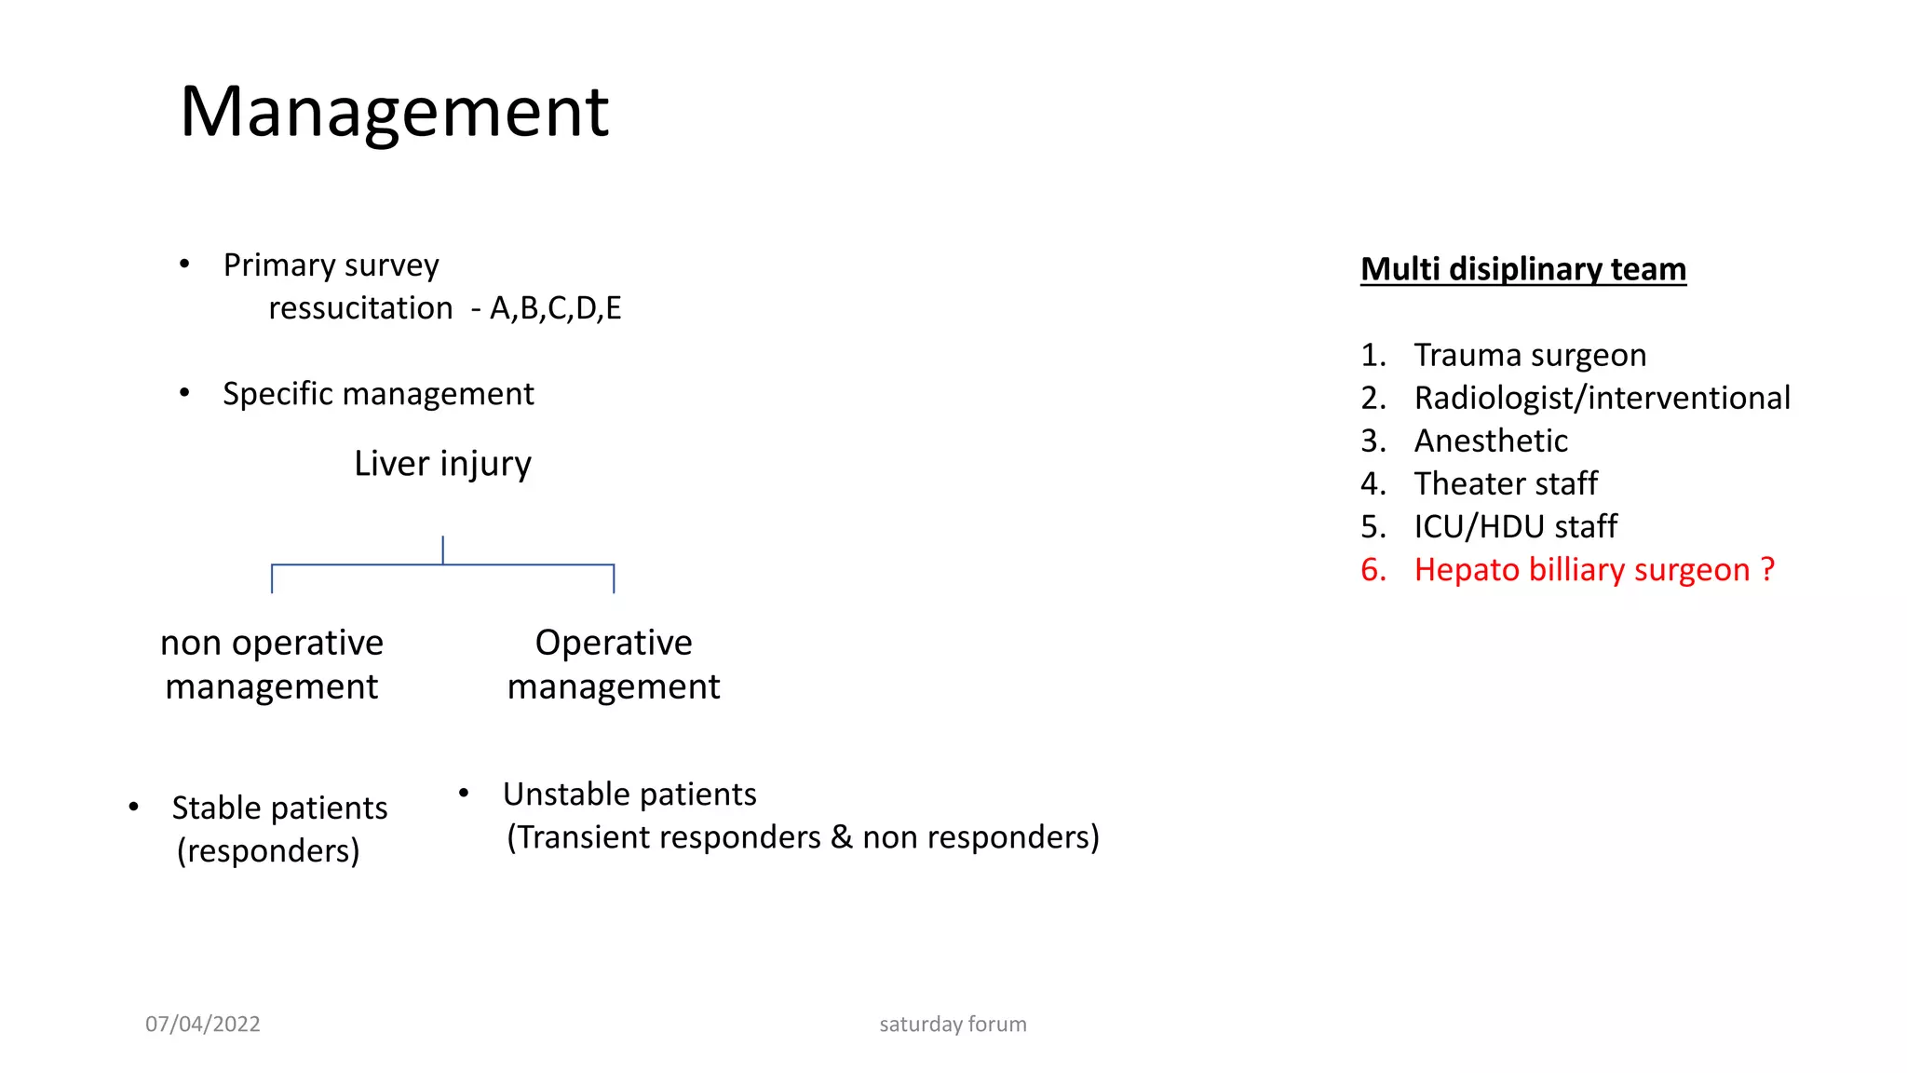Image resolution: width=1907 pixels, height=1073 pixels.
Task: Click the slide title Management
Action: pos(394,112)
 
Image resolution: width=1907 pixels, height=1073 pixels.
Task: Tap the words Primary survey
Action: pos(331,265)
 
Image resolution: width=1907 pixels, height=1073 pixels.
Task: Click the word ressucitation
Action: pos(360,308)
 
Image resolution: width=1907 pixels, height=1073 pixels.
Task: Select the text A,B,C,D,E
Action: pos(555,308)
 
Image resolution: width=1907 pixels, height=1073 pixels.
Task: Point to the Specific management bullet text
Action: pos(378,394)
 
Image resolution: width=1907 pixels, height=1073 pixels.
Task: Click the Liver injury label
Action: pos(442,464)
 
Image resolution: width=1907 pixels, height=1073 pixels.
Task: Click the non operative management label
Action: pos(272,664)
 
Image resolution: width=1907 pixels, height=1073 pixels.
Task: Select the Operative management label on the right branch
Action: pos(614,664)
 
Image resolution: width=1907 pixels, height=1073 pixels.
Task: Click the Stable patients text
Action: pos(279,808)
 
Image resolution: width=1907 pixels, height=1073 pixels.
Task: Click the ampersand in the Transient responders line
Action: pos(841,837)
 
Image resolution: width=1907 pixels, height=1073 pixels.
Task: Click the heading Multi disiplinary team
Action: pos(1522,269)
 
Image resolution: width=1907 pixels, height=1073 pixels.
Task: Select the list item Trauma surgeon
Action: pos(1530,355)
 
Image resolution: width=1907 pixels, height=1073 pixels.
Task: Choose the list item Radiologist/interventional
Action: pos(1602,398)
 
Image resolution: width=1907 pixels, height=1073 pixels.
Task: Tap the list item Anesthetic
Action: pos(1491,441)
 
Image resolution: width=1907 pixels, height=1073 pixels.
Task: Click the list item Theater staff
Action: pos(1506,483)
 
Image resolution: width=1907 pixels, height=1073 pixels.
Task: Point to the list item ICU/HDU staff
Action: pos(1515,526)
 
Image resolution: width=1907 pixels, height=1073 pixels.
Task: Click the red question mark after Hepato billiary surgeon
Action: pos(1767,569)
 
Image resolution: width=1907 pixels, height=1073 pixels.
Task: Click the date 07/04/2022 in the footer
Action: pos(203,1024)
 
